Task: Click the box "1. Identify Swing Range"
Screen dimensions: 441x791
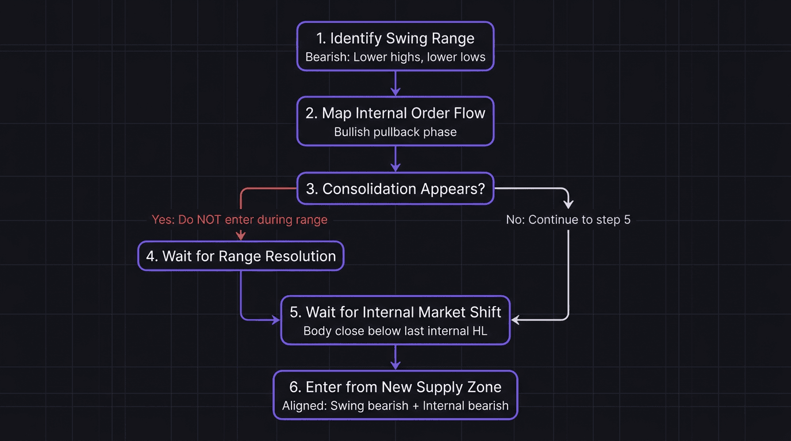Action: [x=395, y=38]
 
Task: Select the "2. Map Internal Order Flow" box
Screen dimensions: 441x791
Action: [x=395, y=113]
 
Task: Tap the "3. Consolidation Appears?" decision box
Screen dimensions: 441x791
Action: [x=395, y=189]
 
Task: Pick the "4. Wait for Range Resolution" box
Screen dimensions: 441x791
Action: [x=241, y=256]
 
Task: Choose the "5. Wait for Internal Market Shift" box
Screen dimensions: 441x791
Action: [x=395, y=312]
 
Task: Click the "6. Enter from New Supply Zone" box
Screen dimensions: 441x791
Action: [x=395, y=387]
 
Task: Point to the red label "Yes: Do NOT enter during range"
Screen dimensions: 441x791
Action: [x=240, y=219]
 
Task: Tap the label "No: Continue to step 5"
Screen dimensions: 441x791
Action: [x=568, y=219]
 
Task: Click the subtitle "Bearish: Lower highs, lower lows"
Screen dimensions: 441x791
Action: [x=395, y=57]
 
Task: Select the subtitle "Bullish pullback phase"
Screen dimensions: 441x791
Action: [x=395, y=132]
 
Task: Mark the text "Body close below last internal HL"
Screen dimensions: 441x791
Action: [x=395, y=331]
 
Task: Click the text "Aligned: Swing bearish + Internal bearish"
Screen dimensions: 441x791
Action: [x=395, y=406]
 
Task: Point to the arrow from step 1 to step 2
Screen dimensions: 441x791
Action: [x=395, y=83]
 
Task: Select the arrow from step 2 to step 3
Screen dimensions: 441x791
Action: [x=395, y=158]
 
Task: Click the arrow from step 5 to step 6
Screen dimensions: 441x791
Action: [x=395, y=357]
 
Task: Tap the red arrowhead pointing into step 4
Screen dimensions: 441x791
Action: [x=241, y=235]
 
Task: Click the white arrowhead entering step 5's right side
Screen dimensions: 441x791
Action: [x=516, y=320]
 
